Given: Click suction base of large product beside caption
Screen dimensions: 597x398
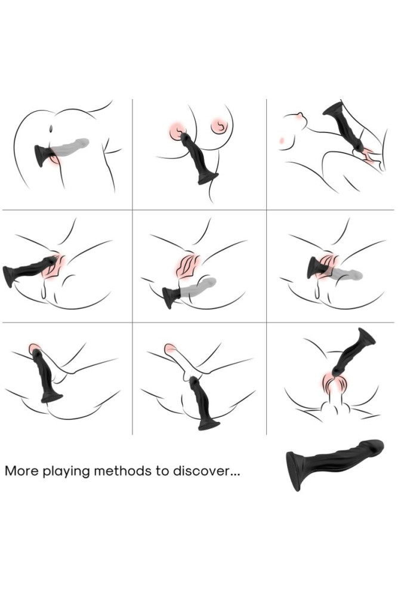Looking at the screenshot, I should (x=294, y=471).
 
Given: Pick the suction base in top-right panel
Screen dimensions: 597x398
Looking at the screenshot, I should (x=333, y=109).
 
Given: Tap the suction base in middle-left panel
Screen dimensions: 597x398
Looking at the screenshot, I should (x=10, y=276).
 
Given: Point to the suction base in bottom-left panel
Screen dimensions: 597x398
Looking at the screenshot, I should (x=52, y=397).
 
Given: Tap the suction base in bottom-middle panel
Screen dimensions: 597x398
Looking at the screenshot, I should (x=209, y=424).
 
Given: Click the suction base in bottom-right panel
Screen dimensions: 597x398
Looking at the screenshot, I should (x=366, y=337).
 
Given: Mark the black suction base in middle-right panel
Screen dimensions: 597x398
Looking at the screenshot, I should (x=313, y=267).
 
